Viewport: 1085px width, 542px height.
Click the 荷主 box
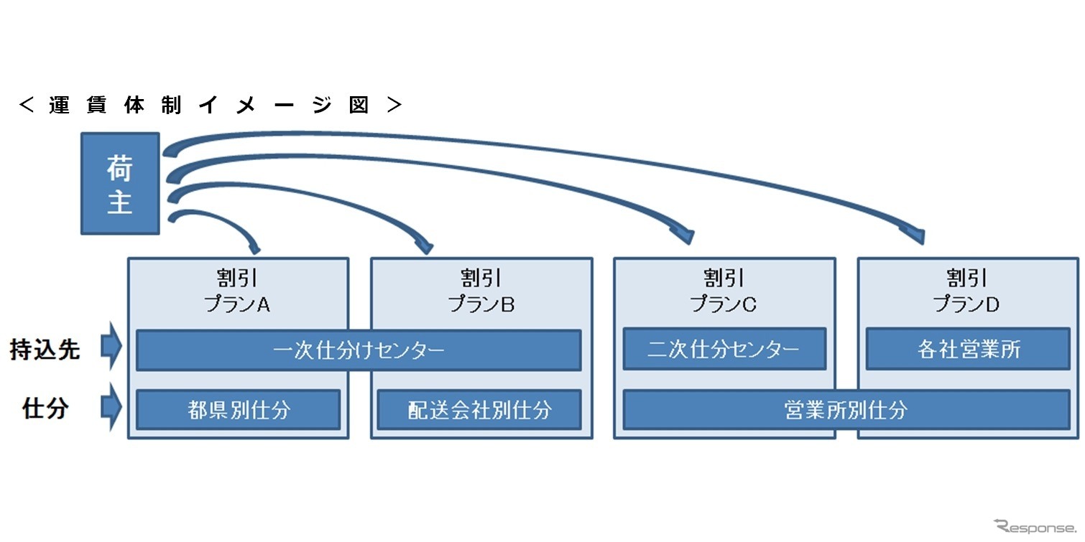[x=120, y=183]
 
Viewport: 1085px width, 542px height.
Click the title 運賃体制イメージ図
[x=210, y=106]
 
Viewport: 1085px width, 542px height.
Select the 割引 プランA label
[x=238, y=291]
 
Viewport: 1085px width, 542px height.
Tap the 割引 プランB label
[x=481, y=291]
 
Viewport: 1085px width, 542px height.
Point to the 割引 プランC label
[x=724, y=291]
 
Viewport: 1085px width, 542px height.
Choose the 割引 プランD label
[x=966, y=291]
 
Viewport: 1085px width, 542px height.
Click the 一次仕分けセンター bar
[x=359, y=350]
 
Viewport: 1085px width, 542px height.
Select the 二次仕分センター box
[x=724, y=350]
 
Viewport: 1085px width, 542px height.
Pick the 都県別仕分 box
[x=238, y=410]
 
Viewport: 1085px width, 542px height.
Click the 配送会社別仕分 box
[x=479, y=410]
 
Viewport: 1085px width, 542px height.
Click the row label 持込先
[x=45, y=350]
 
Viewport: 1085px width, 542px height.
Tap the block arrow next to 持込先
[x=111, y=347]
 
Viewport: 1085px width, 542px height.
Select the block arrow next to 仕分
[x=111, y=407]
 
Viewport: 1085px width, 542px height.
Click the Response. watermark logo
[x=1035, y=528]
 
